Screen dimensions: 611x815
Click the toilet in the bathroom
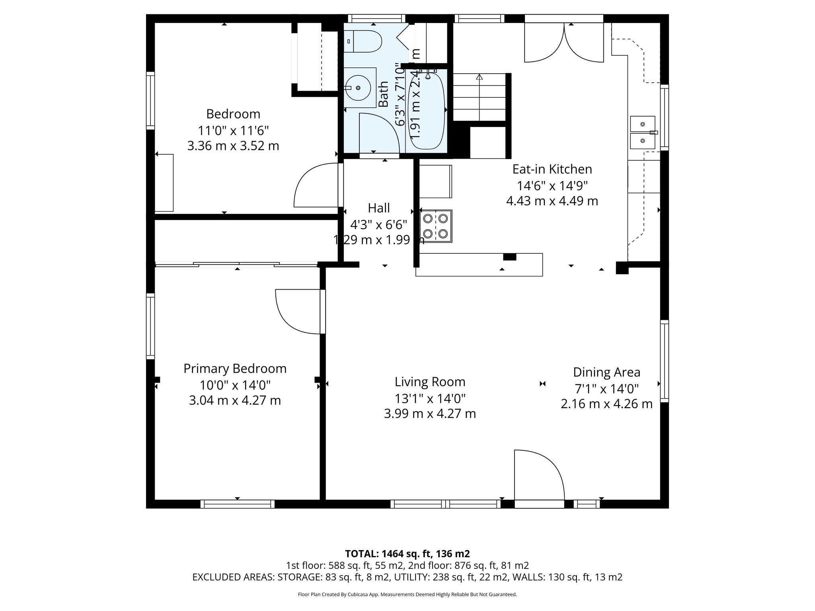point(366,41)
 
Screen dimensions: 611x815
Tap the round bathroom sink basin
point(358,88)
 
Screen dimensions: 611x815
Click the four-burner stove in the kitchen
point(436,226)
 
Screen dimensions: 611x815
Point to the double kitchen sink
point(642,132)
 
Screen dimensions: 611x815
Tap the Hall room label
point(378,208)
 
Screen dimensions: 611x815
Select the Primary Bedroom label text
point(235,369)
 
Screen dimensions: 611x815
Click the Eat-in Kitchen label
point(552,169)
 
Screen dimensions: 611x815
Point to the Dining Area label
point(606,372)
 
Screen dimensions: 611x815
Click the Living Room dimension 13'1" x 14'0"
point(430,398)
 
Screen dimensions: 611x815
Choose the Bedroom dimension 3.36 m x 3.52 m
point(233,146)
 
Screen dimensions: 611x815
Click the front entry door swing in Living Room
point(537,475)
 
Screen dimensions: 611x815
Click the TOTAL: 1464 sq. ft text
point(407,554)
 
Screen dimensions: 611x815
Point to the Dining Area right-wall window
point(664,361)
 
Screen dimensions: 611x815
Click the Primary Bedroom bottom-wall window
point(237,504)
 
